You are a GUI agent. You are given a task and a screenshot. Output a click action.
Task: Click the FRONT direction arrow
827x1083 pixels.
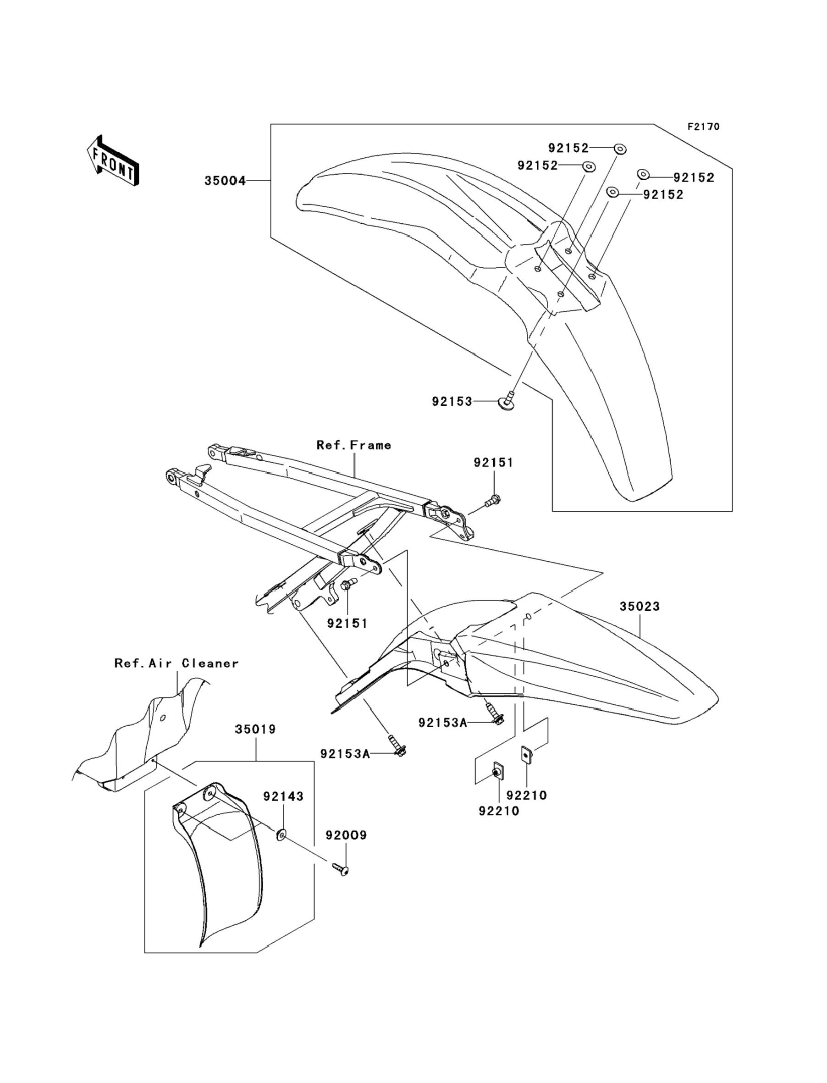point(113,161)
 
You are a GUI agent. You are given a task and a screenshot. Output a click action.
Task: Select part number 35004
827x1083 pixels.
point(225,181)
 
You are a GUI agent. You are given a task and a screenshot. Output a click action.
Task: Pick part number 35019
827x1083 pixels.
point(255,729)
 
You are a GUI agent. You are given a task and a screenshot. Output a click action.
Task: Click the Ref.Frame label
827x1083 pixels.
point(353,445)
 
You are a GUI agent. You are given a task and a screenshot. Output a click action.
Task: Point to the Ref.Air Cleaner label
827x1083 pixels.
point(176,663)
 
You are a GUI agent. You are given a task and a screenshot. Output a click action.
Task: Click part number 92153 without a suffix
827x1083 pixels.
point(452,402)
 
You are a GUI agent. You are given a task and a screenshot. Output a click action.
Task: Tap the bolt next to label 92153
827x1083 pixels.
point(507,402)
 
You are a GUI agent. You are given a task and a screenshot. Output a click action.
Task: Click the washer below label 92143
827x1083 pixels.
point(282,834)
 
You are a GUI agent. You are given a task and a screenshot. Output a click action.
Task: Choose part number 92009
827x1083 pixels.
point(346,835)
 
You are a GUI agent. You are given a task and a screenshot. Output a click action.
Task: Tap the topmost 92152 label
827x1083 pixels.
point(568,148)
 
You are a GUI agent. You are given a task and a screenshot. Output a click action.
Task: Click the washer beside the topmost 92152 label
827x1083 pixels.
point(620,148)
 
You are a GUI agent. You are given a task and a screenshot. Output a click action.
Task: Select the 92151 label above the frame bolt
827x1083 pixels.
point(493,463)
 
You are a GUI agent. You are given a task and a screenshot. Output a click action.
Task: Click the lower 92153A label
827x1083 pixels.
point(345,754)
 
